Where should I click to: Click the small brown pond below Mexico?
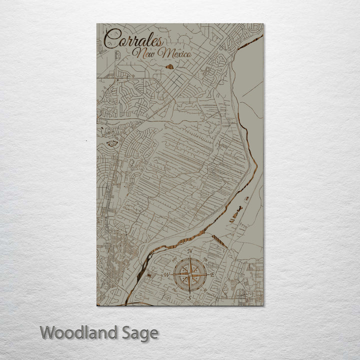[169, 66]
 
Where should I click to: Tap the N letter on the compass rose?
[189, 251]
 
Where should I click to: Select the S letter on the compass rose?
[189, 298]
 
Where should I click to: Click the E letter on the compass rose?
[212, 275]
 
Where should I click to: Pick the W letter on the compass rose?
[166, 275]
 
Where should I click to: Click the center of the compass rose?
[189, 275]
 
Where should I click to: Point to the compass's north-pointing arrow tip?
[189, 258]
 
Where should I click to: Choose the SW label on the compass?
[174, 290]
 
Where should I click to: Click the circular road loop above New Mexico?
[184, 40]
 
